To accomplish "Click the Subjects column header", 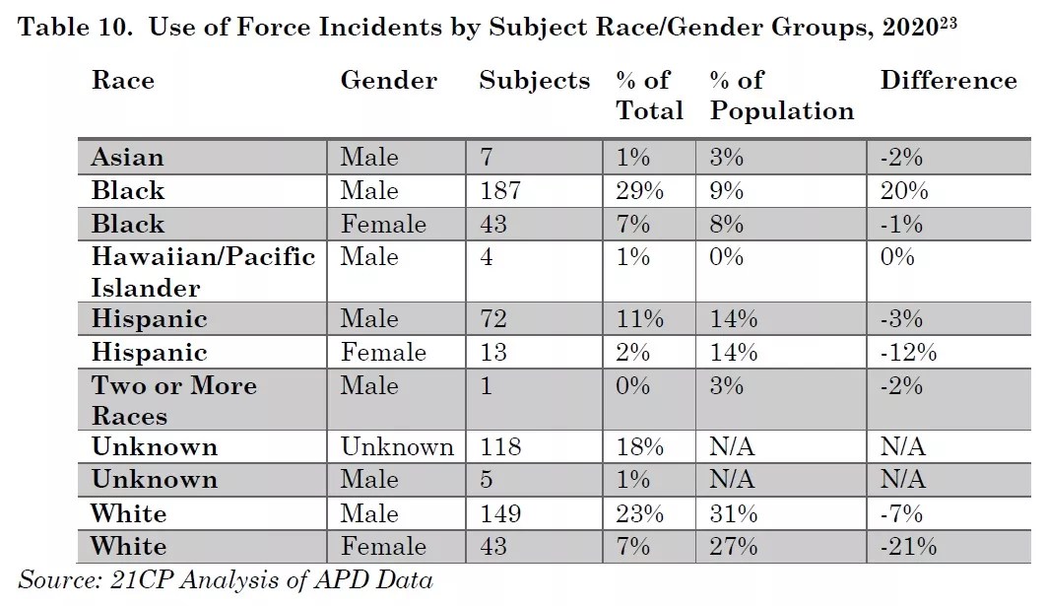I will (x=534, y=81).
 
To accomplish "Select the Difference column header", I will (x=948, y=81).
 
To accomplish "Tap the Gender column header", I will (x=388, y=81).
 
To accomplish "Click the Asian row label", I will (x=127, y=158).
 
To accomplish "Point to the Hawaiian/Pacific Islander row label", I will (x=203, y=272).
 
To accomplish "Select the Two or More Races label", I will (x=173, y=400).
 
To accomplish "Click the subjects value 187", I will (x=500, y=190).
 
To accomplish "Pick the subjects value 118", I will (x=500, y=446).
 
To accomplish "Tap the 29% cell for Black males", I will (x=640, y=190).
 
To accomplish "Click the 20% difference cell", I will (x=904, y=190).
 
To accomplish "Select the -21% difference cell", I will (x=908, y=546).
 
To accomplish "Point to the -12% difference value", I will (x=908, y=352).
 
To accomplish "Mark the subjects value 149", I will (x=500, y=513).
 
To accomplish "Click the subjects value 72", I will (x=493, y=319).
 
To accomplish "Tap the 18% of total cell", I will (x=640, y=446).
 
